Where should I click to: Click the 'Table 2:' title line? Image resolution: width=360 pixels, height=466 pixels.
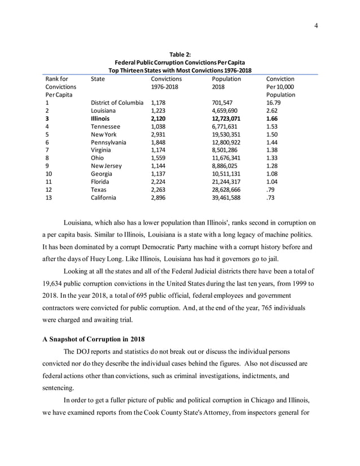pyautogui.click(x=179, y=54)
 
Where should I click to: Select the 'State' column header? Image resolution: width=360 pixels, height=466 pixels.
pyautogui.click(x=98, y=80)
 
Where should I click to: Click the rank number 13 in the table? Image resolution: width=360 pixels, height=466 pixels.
pyautogui.click(x=49, y=197)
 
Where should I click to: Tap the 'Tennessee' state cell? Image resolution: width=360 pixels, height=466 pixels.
pyautogui.click(x=106, y=127)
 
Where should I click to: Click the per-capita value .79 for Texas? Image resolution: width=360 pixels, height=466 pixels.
pyautogui.click(x=270, y=190)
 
